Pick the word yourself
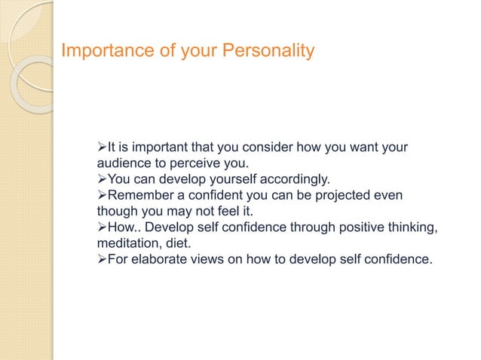[225, 179]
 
